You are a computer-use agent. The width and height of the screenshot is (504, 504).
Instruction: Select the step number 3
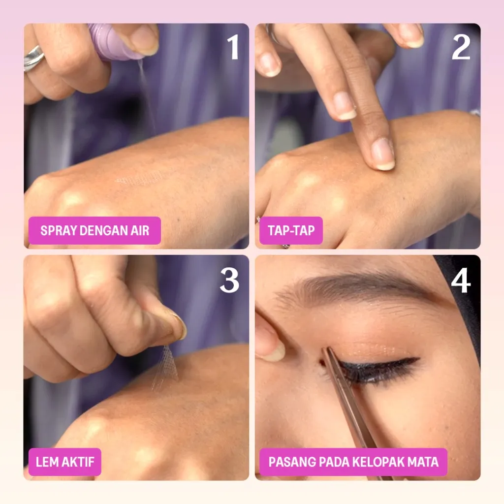tap(229, 280)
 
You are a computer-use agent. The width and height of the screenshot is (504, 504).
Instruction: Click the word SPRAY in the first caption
tap(59, 230)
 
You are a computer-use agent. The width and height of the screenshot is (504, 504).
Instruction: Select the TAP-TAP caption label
tap(291, 230)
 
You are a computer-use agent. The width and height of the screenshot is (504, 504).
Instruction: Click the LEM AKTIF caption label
tap(65, 462)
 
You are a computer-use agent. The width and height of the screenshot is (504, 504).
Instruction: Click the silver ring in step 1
tap(33, 58)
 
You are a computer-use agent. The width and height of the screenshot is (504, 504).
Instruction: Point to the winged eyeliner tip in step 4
tap(418, 358)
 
